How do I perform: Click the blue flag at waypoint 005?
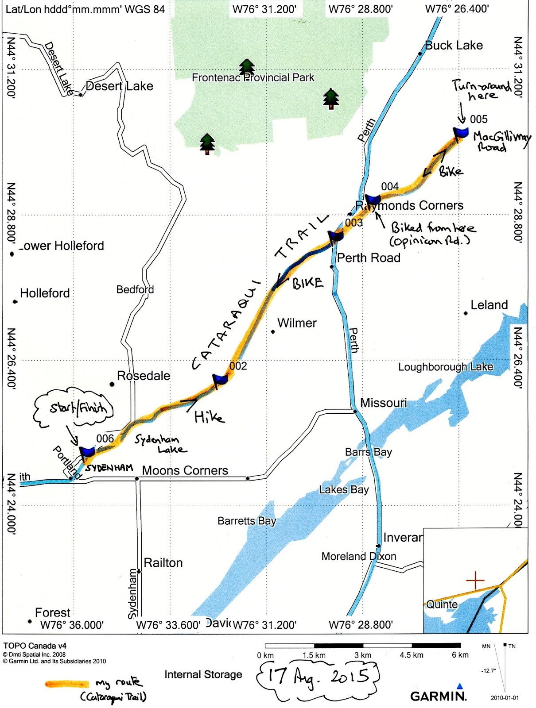click(461, 132)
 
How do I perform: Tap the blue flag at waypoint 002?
click(220, 379)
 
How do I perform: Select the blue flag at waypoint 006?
click(87, 452)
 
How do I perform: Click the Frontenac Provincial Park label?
click(253, 77)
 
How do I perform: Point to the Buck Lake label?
click(454, 45)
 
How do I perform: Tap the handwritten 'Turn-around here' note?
click(481, 90)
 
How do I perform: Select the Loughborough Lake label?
click(445, 367)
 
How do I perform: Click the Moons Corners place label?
click(185, 470)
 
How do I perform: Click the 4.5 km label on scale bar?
click(411, 655)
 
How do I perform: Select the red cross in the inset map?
click(475, 580)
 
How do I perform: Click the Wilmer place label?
click(297, 323)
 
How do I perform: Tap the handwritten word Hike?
click(209, 416)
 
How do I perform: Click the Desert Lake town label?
click(119, 86)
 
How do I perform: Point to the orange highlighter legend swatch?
click(66, 684)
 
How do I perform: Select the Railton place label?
click(163, 563)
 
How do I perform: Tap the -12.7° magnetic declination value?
click(488, 671)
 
